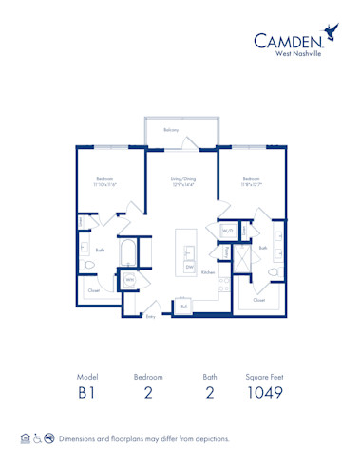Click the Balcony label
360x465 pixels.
point(171,129)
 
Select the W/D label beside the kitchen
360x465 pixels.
point(228,231)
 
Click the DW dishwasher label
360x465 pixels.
point(190,267)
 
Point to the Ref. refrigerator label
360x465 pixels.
point(183,307)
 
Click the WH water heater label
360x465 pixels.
point(127,280)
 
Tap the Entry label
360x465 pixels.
point(150,317)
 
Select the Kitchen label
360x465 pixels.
point(208,272)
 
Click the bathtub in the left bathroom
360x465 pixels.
point(127,252)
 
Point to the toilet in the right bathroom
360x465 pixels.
point(274,272)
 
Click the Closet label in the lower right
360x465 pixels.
point(258,299)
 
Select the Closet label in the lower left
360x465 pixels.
point(93,290)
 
